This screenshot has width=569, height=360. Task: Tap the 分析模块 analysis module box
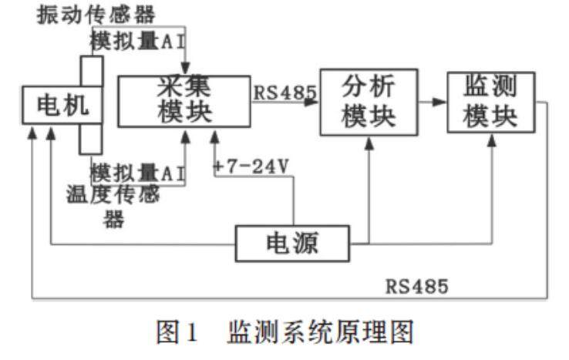coord(368,101)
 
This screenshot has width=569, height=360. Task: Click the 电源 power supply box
coord(292,244)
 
